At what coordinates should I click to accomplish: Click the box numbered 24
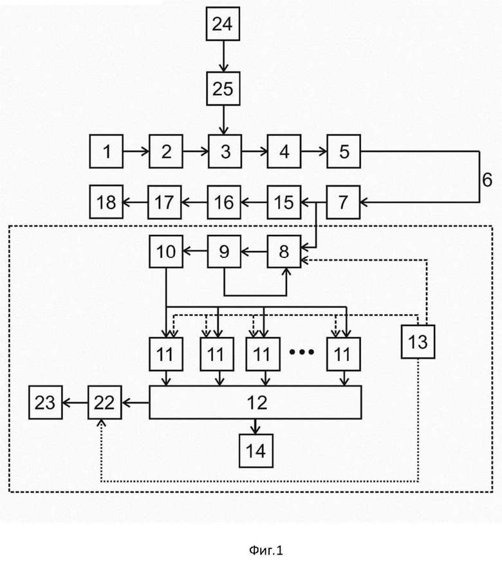point(223,24)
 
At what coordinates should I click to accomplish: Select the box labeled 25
point(223,89)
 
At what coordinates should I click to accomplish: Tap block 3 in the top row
point(225,151)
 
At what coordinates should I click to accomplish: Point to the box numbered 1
point(106,151)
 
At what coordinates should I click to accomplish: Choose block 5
point(344,151)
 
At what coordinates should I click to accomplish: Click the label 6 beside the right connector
point(487,179)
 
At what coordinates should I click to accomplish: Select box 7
point(343,202)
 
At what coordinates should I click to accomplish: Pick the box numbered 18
point(106,202)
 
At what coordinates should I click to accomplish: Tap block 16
point(224,202)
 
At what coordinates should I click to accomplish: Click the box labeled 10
point(166,252)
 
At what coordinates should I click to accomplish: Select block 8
point(284,252)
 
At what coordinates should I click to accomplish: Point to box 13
point(418,342)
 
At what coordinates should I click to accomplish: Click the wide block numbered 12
point(256,403)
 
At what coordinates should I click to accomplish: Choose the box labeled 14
point(256,451)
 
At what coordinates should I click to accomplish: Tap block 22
point(105,403)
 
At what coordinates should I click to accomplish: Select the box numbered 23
point(46,403)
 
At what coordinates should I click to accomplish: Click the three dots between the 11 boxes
point(302,352)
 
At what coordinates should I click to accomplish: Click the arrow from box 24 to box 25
point(223,56)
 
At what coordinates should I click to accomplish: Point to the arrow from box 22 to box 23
point(75,403)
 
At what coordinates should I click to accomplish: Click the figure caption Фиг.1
point(266,549)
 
